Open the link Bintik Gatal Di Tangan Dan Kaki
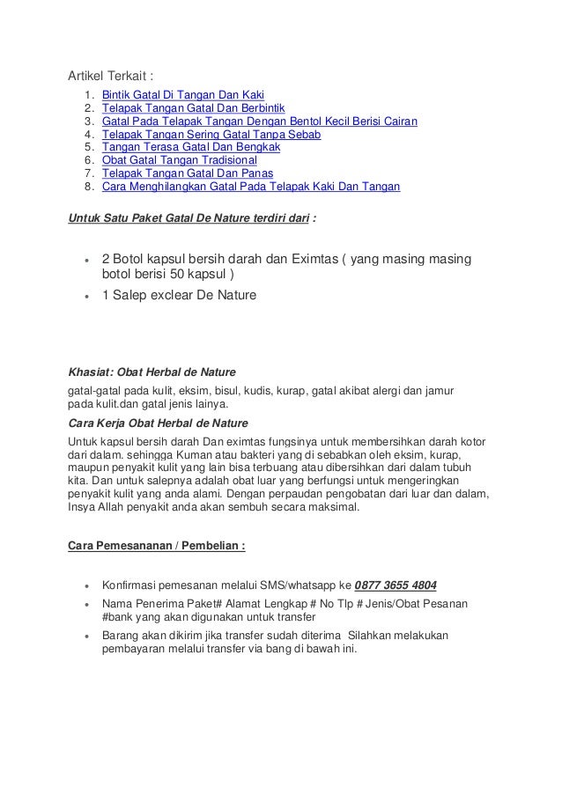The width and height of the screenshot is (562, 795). [x=183, y=94]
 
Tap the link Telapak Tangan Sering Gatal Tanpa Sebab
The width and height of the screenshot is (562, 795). [x=211, y=135]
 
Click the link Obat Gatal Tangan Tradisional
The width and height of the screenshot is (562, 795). [x=180, y=161]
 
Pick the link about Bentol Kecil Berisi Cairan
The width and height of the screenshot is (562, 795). [x=260, y=121]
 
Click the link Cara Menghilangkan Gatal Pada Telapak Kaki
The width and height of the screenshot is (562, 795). [x=251, y=188]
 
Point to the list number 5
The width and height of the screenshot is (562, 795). [x=88, y=148]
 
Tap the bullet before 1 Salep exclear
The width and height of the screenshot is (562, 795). [x=83, y=296]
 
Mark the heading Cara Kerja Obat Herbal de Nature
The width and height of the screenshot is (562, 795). [x=158, y=422]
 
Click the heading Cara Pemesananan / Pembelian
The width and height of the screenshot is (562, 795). [x=157, y=545]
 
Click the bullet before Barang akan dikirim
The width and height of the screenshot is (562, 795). [x=83, y=636]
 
